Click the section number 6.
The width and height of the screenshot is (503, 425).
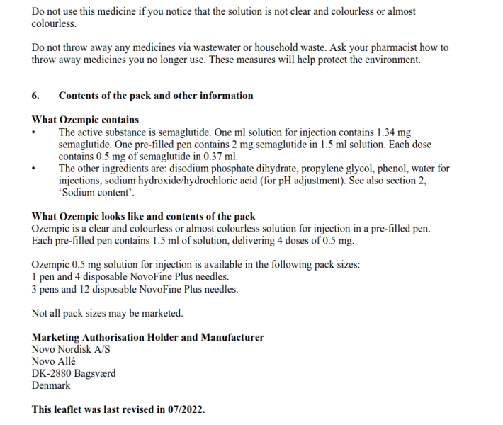pyautogui.click(x=35, y=96)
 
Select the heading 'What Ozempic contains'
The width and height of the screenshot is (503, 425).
pyautogui.click(x=85, y=120)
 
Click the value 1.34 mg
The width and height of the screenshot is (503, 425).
pyautogui.click(x=395, y=132)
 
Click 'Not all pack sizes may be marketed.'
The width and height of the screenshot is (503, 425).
pyautogui.click(x=107, y=313)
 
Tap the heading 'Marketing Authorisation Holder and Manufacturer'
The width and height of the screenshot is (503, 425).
pyautogui.click(x=147, y=338)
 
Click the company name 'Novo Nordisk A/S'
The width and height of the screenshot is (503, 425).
pyautogui.click(x=71, y=349)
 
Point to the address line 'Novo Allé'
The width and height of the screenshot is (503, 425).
pyautogui.click(x=54, y=361)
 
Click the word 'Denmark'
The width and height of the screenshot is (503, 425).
pyautogui.click(x=51, y=385)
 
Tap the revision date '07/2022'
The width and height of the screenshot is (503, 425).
pyautogui.click(x=186, y=409)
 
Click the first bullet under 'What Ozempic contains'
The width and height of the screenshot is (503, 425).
pyautogui.click(x=34, y=132)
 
